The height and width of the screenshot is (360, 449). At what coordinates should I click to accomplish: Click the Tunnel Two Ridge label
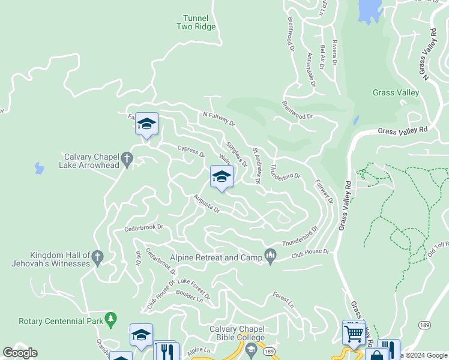click(x=196, y=22)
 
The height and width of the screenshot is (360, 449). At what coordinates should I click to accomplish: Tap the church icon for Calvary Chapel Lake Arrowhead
click(x=126, y=159)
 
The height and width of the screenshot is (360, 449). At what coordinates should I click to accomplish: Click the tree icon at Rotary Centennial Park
click(x=110, y=320)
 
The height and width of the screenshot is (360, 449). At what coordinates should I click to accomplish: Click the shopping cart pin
click(x=354, y=331)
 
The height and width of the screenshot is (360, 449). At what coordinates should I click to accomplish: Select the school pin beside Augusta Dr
click(x=221, y=176)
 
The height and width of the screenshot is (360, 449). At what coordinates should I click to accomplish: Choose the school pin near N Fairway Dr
click(x=146, y=124)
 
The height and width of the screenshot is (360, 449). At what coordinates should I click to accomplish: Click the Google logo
click(x=20, y=353)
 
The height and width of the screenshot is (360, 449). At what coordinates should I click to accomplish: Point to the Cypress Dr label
click(x=190, y=150)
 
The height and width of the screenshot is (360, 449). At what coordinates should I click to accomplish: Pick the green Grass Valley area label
click(x=396, y=92)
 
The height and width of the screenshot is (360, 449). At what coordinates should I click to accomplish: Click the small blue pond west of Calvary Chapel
click(x=39, y=168)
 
